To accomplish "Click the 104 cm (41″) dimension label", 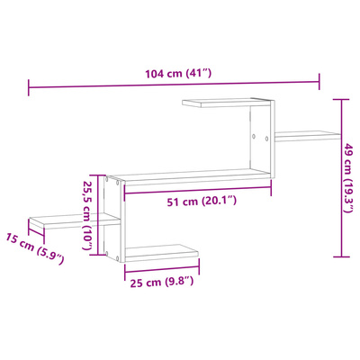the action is pos(179,73).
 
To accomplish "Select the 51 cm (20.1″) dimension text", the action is pos(202,201).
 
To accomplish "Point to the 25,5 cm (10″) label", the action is pos(87,215).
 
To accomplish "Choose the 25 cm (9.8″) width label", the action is pos(162,282).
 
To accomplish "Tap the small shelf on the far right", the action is pos(308,136).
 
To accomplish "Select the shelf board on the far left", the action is pos(74,221).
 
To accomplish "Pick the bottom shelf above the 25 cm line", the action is pos(162,253).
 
